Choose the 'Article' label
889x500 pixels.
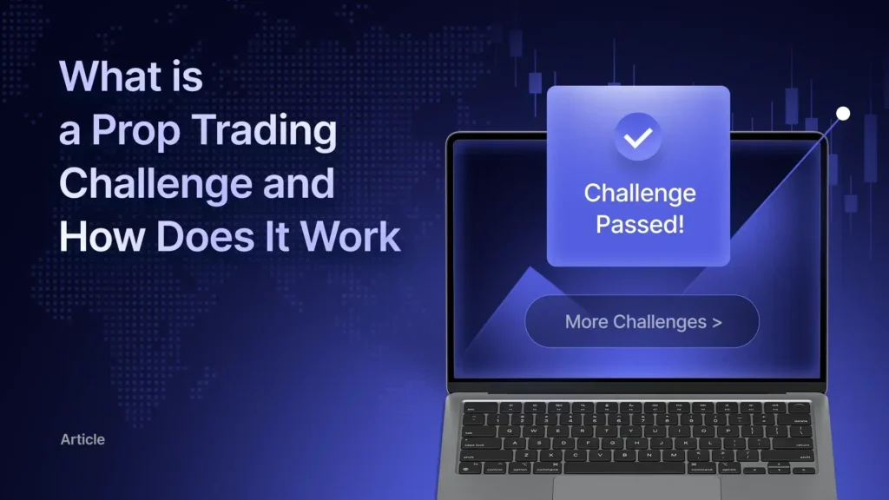(82, 439)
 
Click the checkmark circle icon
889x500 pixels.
(638, 136)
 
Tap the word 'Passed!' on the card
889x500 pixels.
(639, 225)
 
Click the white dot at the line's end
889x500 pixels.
(842, 114)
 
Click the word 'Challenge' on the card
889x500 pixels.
(639, 193)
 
